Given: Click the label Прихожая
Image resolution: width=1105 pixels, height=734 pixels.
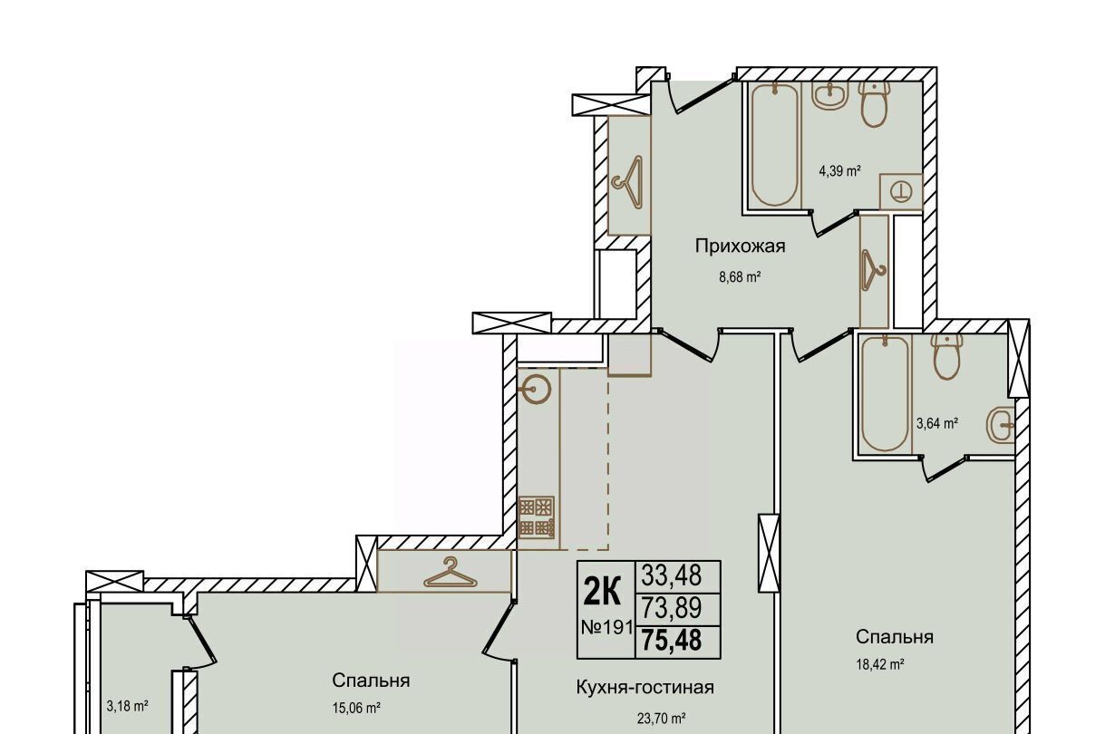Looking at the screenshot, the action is (x=740, y=246).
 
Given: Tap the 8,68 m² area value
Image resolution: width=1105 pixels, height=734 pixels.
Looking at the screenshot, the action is (x=740, y=276).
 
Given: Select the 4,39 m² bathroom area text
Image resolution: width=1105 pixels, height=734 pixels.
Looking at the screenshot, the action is (x=839, y=171).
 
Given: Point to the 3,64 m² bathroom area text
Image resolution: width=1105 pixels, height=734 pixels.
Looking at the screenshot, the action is (x=937, y=423).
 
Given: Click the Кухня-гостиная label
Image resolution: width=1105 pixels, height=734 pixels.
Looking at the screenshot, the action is (x=645, y=687).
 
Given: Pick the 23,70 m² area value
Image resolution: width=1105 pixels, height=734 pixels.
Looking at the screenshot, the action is (x=661, y=719).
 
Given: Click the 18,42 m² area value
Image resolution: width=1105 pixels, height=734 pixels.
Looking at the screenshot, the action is (x=880, y=664).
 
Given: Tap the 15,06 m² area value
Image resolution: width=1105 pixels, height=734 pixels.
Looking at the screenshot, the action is (x=356, y=709).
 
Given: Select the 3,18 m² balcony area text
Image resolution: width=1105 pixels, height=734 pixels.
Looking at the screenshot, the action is (x=127, y=706).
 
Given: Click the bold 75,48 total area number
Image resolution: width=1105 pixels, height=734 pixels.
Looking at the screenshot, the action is (x=672, y=640).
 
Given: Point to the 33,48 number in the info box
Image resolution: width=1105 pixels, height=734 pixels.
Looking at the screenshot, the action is (x=671, y=575).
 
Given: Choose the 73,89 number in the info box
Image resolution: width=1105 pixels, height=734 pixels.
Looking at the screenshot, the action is (x=671, y=607).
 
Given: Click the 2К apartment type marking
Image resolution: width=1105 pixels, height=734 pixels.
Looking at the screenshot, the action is (x=602, y=591).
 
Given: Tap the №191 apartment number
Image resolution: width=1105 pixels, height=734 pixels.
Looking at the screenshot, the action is (x=607, y=627).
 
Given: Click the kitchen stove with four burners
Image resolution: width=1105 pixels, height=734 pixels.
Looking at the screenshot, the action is (x=537, y=517).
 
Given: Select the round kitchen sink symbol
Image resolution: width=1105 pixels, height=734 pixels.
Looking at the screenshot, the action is (x=537, y=390).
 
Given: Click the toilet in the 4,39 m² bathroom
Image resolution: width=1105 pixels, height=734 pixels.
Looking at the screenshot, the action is (x=875, y=104).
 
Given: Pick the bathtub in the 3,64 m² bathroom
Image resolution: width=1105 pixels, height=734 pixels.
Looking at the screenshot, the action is (x=885, y=393).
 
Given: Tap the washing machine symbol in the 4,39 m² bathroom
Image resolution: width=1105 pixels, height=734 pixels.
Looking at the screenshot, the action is (x=901, y=191).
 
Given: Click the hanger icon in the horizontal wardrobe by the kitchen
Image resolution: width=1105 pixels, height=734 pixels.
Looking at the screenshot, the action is (x=451, y=573).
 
